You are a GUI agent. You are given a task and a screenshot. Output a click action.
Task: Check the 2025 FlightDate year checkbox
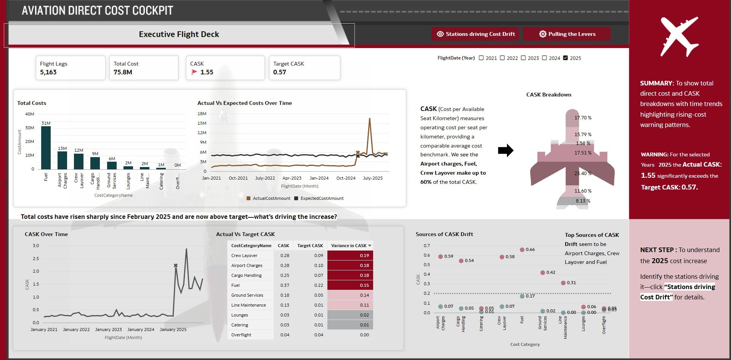[566, 58]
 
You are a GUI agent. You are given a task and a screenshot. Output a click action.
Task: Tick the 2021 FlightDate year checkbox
[481, 58]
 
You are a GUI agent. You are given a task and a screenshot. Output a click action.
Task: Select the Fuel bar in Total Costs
[46, 147]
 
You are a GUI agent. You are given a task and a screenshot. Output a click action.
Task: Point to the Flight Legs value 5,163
[48, 72]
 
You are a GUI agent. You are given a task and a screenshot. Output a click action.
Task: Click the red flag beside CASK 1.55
[194, 72]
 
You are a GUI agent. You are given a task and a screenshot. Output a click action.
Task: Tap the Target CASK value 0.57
[280, 72]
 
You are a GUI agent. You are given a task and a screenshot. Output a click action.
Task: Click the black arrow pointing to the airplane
[505, 151]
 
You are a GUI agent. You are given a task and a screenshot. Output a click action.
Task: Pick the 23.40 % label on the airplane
[583, 174]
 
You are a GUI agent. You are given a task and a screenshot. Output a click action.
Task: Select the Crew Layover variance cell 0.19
[350, 256]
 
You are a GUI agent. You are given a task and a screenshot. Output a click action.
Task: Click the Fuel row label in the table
[236, 285]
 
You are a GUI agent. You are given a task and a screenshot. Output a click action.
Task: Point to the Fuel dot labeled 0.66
[522, 250]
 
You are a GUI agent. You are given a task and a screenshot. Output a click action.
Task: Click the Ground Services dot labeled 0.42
[543, 273]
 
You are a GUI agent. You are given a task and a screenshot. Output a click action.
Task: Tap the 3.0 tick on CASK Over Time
[36, 246]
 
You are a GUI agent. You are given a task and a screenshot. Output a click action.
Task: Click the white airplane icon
[680, 37]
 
